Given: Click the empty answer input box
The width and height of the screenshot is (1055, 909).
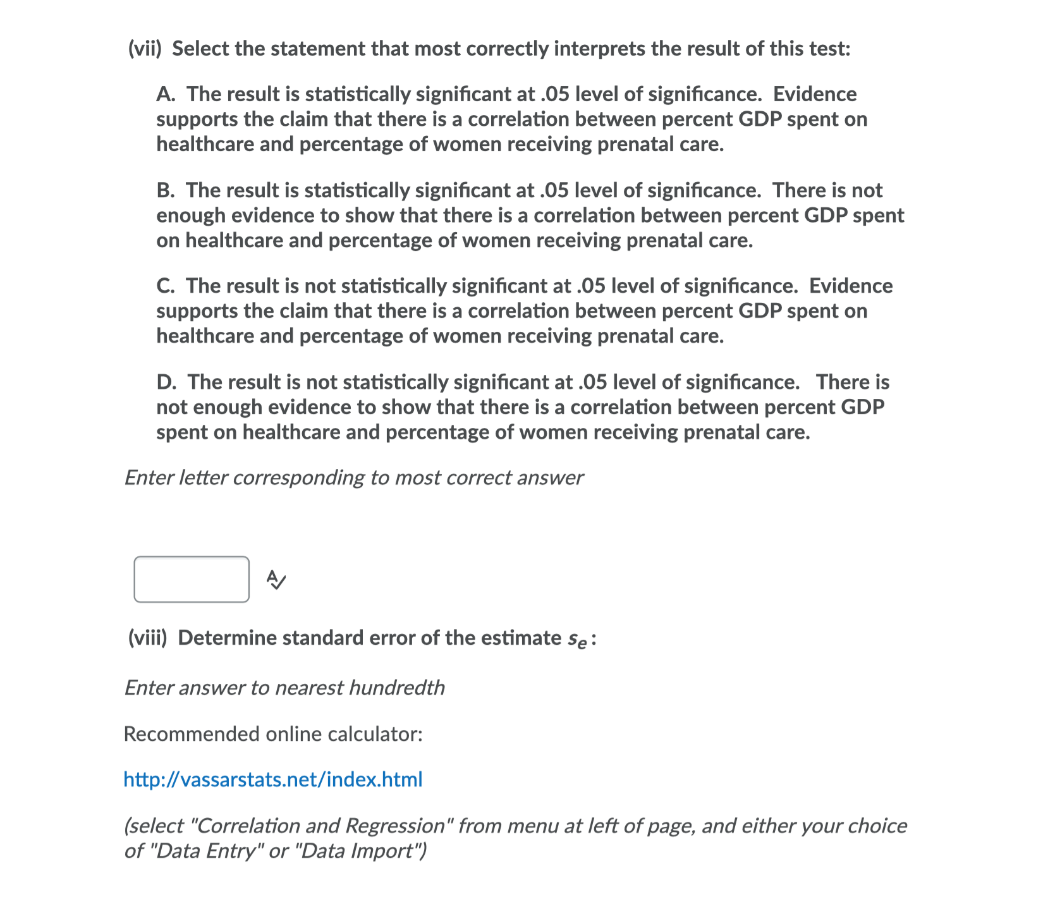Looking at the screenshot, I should pos(192,579).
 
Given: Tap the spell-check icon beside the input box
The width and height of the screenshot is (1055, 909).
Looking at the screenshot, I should pos(276,579).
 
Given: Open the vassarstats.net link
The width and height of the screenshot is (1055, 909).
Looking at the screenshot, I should pos(272,779).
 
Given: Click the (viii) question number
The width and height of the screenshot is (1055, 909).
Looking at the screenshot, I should pos(147,638).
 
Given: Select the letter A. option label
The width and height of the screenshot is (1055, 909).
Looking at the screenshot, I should pos(166,94).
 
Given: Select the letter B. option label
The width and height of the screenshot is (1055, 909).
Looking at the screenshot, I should pos(166,190).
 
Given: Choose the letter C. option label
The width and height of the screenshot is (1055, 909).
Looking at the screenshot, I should pos(166,286).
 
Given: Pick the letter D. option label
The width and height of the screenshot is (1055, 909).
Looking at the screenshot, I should pos(166,382).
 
